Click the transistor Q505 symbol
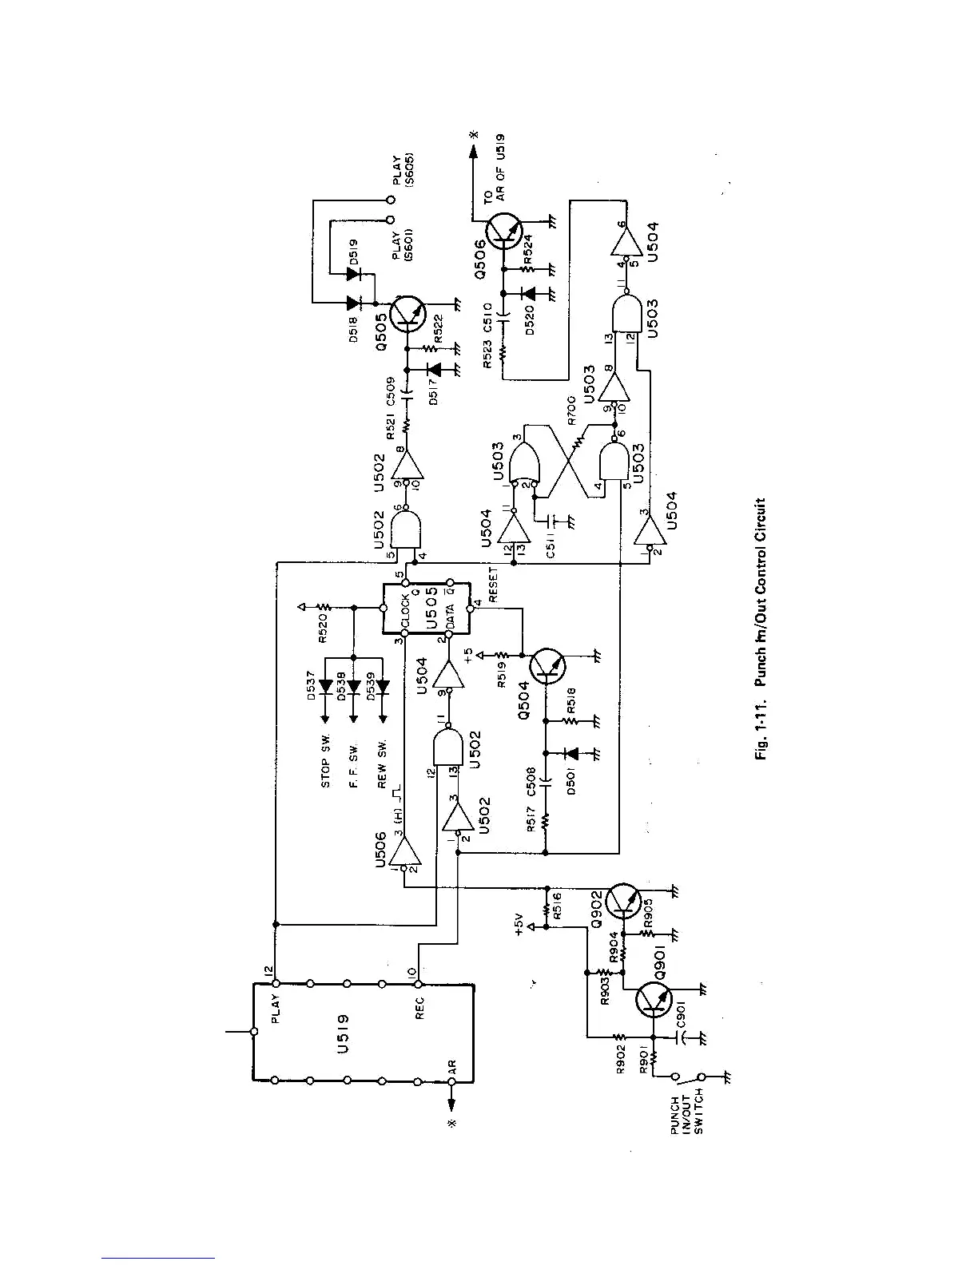point(411,315)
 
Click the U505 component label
point(431,609)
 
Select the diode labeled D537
point(325,687)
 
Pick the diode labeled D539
point(382,687)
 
